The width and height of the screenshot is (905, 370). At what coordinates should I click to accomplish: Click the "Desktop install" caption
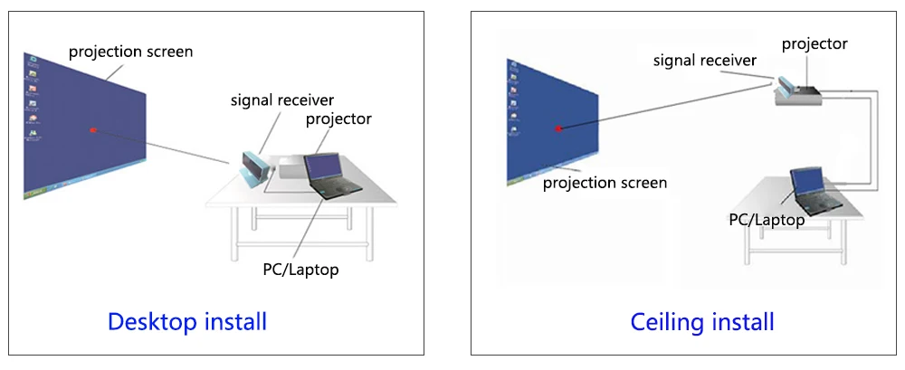pos(187,321)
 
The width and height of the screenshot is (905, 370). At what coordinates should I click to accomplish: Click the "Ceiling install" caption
pos(702,321)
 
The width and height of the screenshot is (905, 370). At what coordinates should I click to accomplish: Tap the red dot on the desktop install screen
pos(92,130)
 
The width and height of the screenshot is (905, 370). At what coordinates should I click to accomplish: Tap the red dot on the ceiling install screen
pos(558,128)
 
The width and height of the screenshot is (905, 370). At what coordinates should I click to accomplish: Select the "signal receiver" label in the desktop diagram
pos(282,100)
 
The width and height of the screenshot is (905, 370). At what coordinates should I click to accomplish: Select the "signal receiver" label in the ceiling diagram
pos(705,60)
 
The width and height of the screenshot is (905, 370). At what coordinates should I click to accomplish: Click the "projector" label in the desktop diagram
pos(338,119)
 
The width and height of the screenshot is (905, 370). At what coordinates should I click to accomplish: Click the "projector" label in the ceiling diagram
pos(814,43)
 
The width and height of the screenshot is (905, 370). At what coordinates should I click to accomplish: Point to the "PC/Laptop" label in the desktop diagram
pos(300,269)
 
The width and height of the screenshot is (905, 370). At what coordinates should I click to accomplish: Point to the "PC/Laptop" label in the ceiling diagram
pos(767,220)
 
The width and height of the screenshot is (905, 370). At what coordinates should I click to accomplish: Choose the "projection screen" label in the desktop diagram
pos(131,52)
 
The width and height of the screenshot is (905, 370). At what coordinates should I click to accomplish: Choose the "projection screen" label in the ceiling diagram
pos(605,184)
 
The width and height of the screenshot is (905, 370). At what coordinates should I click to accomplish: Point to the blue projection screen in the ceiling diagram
pos(552,122)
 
